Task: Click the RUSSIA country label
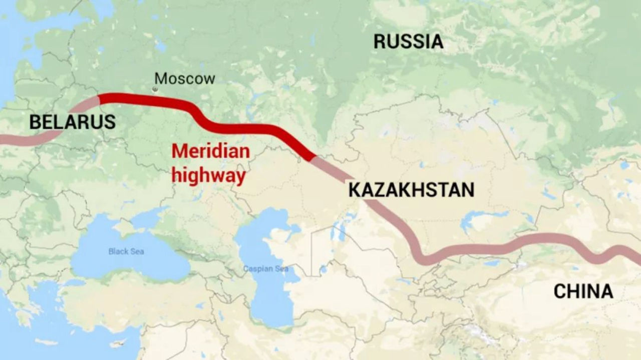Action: pyautogui.click(x=408, y=42)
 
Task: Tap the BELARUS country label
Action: pyautogui.click(x=72, y=122)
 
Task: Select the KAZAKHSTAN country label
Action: pyautogui.click(x=411, y=190)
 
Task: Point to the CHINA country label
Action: pyautogui.click(x=583, y=291)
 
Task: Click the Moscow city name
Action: pyautogui.click(x=184, y=79)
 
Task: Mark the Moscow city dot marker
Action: pyautogui.click(x=155, y=89)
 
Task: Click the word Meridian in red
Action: pyautogui.click(x=210, y=151)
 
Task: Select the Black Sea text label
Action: pyautogui.click(x=126, y=251)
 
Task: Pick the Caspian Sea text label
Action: pyautogui.click(x=265, y=269)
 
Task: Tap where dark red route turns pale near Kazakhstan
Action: pyautogui.click(x=314, y=158)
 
